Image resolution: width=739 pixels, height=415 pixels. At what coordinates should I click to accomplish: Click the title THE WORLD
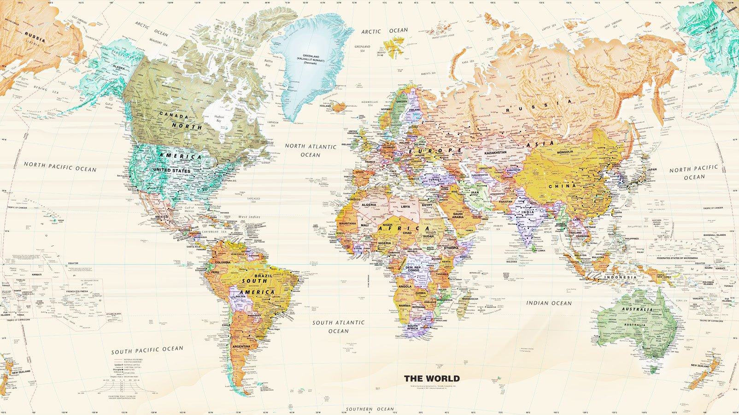click(x=432, y=379)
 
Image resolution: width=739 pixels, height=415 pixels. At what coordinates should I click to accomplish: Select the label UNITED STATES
click(x=171, y=171)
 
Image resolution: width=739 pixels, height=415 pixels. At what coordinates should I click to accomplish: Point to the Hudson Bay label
click(x=219, y=119)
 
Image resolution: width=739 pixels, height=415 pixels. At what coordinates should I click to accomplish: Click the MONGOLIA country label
click(x=565, y=152)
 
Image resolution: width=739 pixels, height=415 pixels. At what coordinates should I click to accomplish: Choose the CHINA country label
click(x=562, y=186)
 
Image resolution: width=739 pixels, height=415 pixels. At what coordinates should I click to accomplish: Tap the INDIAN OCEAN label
click(x=549, y=303)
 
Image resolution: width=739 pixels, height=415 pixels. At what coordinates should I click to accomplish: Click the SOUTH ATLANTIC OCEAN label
click(x=338, y=326)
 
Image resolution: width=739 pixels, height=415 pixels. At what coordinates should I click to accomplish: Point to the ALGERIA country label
click(x=369, y=205)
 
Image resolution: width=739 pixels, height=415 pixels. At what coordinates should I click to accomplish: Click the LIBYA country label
click(x=405, y=207)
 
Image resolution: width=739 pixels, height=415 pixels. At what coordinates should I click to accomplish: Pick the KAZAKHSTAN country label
click(x=495, y=153)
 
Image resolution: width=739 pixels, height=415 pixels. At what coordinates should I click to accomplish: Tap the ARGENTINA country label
click(x=241, y=346)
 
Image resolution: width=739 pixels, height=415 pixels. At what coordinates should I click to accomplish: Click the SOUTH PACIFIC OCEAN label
click(x=147, y=350)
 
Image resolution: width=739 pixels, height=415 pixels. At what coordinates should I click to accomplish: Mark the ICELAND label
click(x=325, y=106)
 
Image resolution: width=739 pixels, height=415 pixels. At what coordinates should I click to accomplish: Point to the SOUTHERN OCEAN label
click(x=370, y=409)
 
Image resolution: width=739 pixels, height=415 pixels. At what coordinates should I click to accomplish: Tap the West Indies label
click(x=249, y=217)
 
